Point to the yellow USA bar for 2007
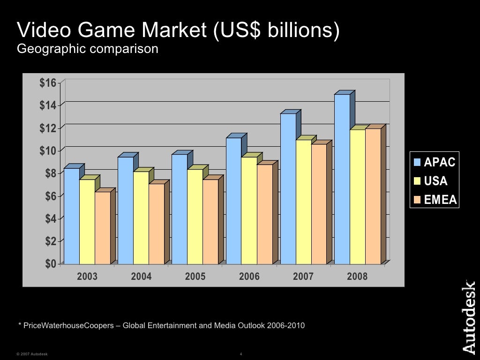click(303, 202)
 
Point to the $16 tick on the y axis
click(47, 83)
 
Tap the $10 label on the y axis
click(47, 150)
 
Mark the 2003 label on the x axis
click(87, 277)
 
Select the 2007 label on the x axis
click(303, 277)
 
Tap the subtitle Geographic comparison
click(88, 49)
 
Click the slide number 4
click(240, 354)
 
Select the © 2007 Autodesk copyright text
click(32, 354)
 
